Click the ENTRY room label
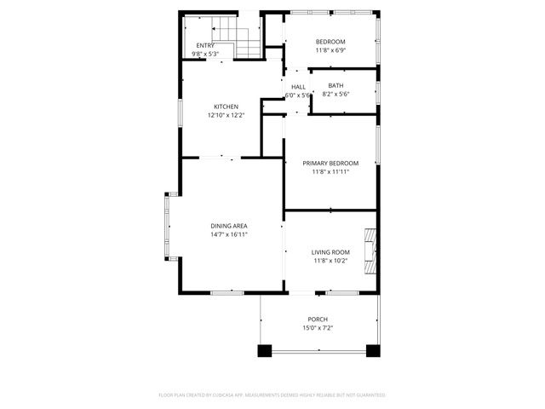[205, 45]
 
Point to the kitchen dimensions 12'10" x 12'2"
[226, 115]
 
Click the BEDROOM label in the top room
[330, 42]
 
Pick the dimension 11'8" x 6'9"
[330, 50]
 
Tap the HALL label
[298, 87]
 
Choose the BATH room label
[336, 85]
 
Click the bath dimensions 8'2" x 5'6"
[336, 94]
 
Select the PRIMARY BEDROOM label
[330, 163]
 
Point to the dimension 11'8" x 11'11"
[330, 171]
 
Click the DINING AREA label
[229, 226]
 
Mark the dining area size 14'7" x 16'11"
[229, 234]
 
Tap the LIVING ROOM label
[330, 252]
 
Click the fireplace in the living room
[369, 252]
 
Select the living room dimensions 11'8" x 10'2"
[330, 261]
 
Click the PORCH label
[317, 320]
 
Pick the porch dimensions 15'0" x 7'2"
[317, 328]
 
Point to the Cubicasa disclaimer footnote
[272, 395]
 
